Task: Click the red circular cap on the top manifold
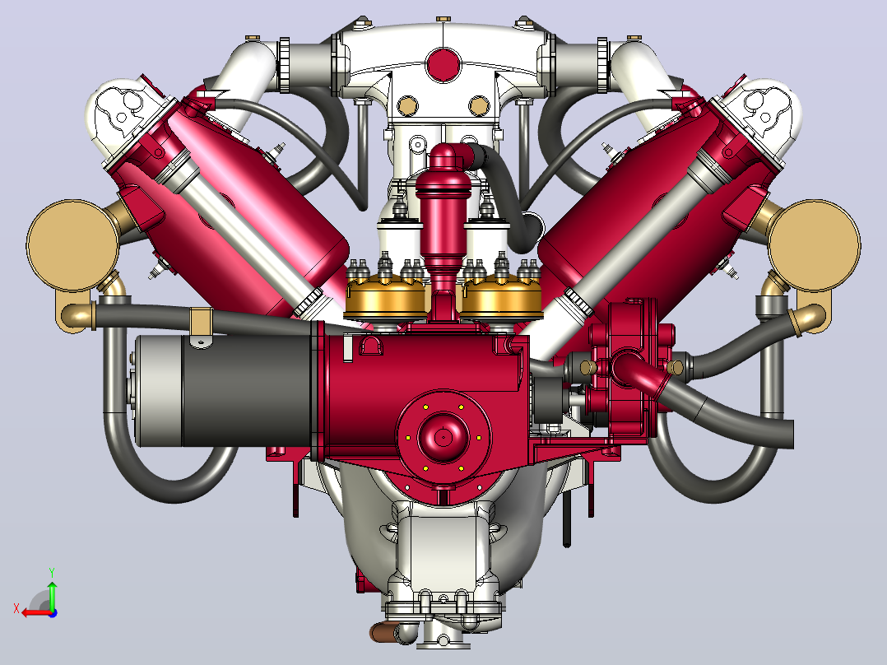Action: point(443,64)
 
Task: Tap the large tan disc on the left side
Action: point(72,245)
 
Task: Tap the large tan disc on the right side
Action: point(815,245)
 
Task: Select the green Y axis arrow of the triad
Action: point(52,594)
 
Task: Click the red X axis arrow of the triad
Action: point(37,613)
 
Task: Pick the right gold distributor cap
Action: point(502,297)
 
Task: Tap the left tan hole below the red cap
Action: point(406,105)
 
